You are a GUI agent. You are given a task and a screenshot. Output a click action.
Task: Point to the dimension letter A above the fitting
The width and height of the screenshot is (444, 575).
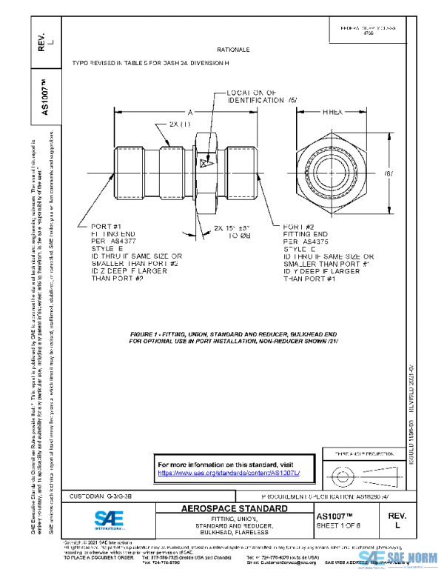(189, 111)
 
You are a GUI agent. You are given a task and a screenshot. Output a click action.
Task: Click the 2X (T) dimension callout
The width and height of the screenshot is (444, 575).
(180, 123)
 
